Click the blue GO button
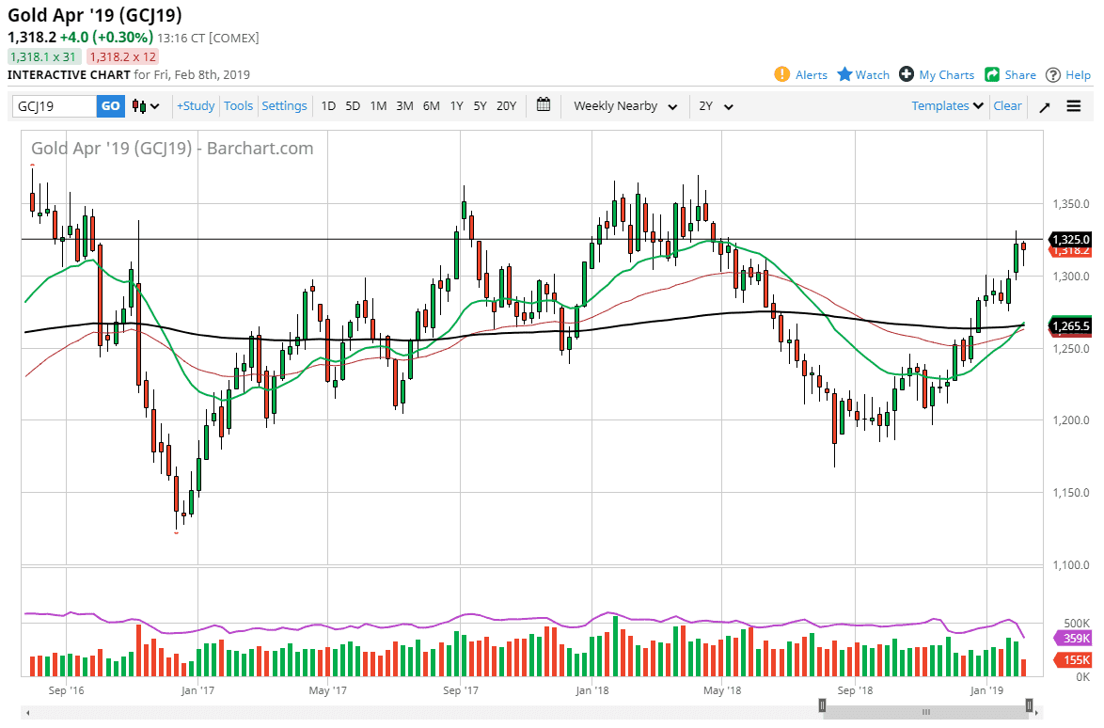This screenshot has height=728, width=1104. (x=111, y=106)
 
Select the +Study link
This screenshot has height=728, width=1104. (x=196, y=106)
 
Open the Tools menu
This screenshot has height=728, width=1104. (x=238, y=106)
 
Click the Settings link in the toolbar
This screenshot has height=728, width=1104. (x=284, y=106)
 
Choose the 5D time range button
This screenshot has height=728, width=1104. (x=353, y=106)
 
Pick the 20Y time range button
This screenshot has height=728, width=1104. (x=506, y=106)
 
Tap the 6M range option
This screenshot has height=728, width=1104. (x=431, y=106)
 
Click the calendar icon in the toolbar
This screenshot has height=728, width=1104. (x=544, y=105)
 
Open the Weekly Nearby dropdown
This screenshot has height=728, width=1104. (x=625, y=106)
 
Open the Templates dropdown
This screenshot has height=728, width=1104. (x=948, y=106)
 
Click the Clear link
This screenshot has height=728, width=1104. (x=1007, y=106)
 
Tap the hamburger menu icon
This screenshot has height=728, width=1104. (x=1074, y=106)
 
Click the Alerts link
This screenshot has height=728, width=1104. (x=801, y=75)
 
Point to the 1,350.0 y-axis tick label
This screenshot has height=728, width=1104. (x=1071, y=204)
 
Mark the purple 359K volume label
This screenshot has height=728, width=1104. (x=1076, y=639)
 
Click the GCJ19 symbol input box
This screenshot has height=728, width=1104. (x=55, y=106)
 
